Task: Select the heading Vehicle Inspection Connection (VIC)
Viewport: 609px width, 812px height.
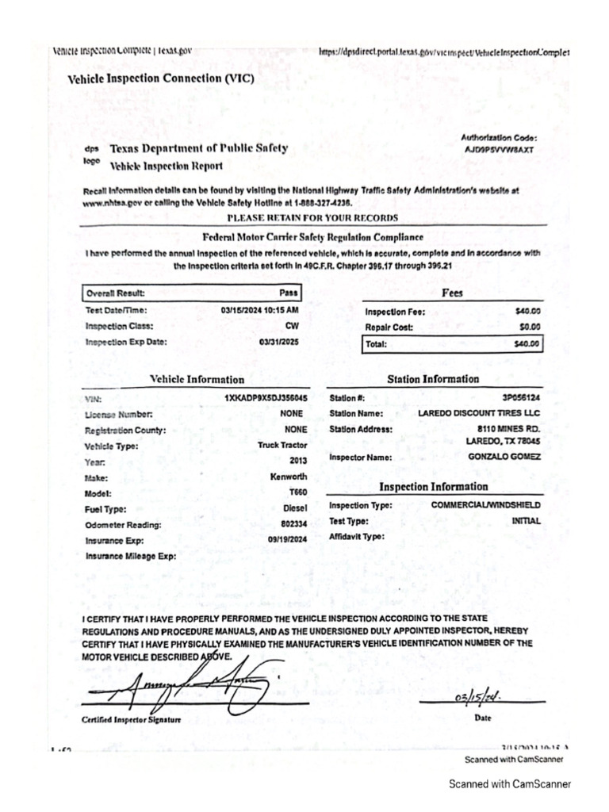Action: pos(161,79)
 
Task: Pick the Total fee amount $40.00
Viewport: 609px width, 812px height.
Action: pos(527,344)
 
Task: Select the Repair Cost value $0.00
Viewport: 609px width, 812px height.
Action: pos(529,327)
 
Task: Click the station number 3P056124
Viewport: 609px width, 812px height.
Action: pos(517,398)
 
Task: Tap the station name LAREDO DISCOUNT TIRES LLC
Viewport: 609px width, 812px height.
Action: pos(479,413)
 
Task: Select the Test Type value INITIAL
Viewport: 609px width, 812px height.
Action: pos(527,521)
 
